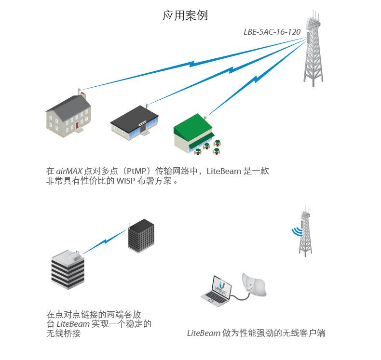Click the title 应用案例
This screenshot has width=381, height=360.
pos(185,15)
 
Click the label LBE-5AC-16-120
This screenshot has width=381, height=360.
pos(272,32)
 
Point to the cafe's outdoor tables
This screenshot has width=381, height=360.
pos(212,147)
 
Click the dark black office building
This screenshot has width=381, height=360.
pos(140,237)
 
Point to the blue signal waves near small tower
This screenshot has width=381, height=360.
pos(296,232)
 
